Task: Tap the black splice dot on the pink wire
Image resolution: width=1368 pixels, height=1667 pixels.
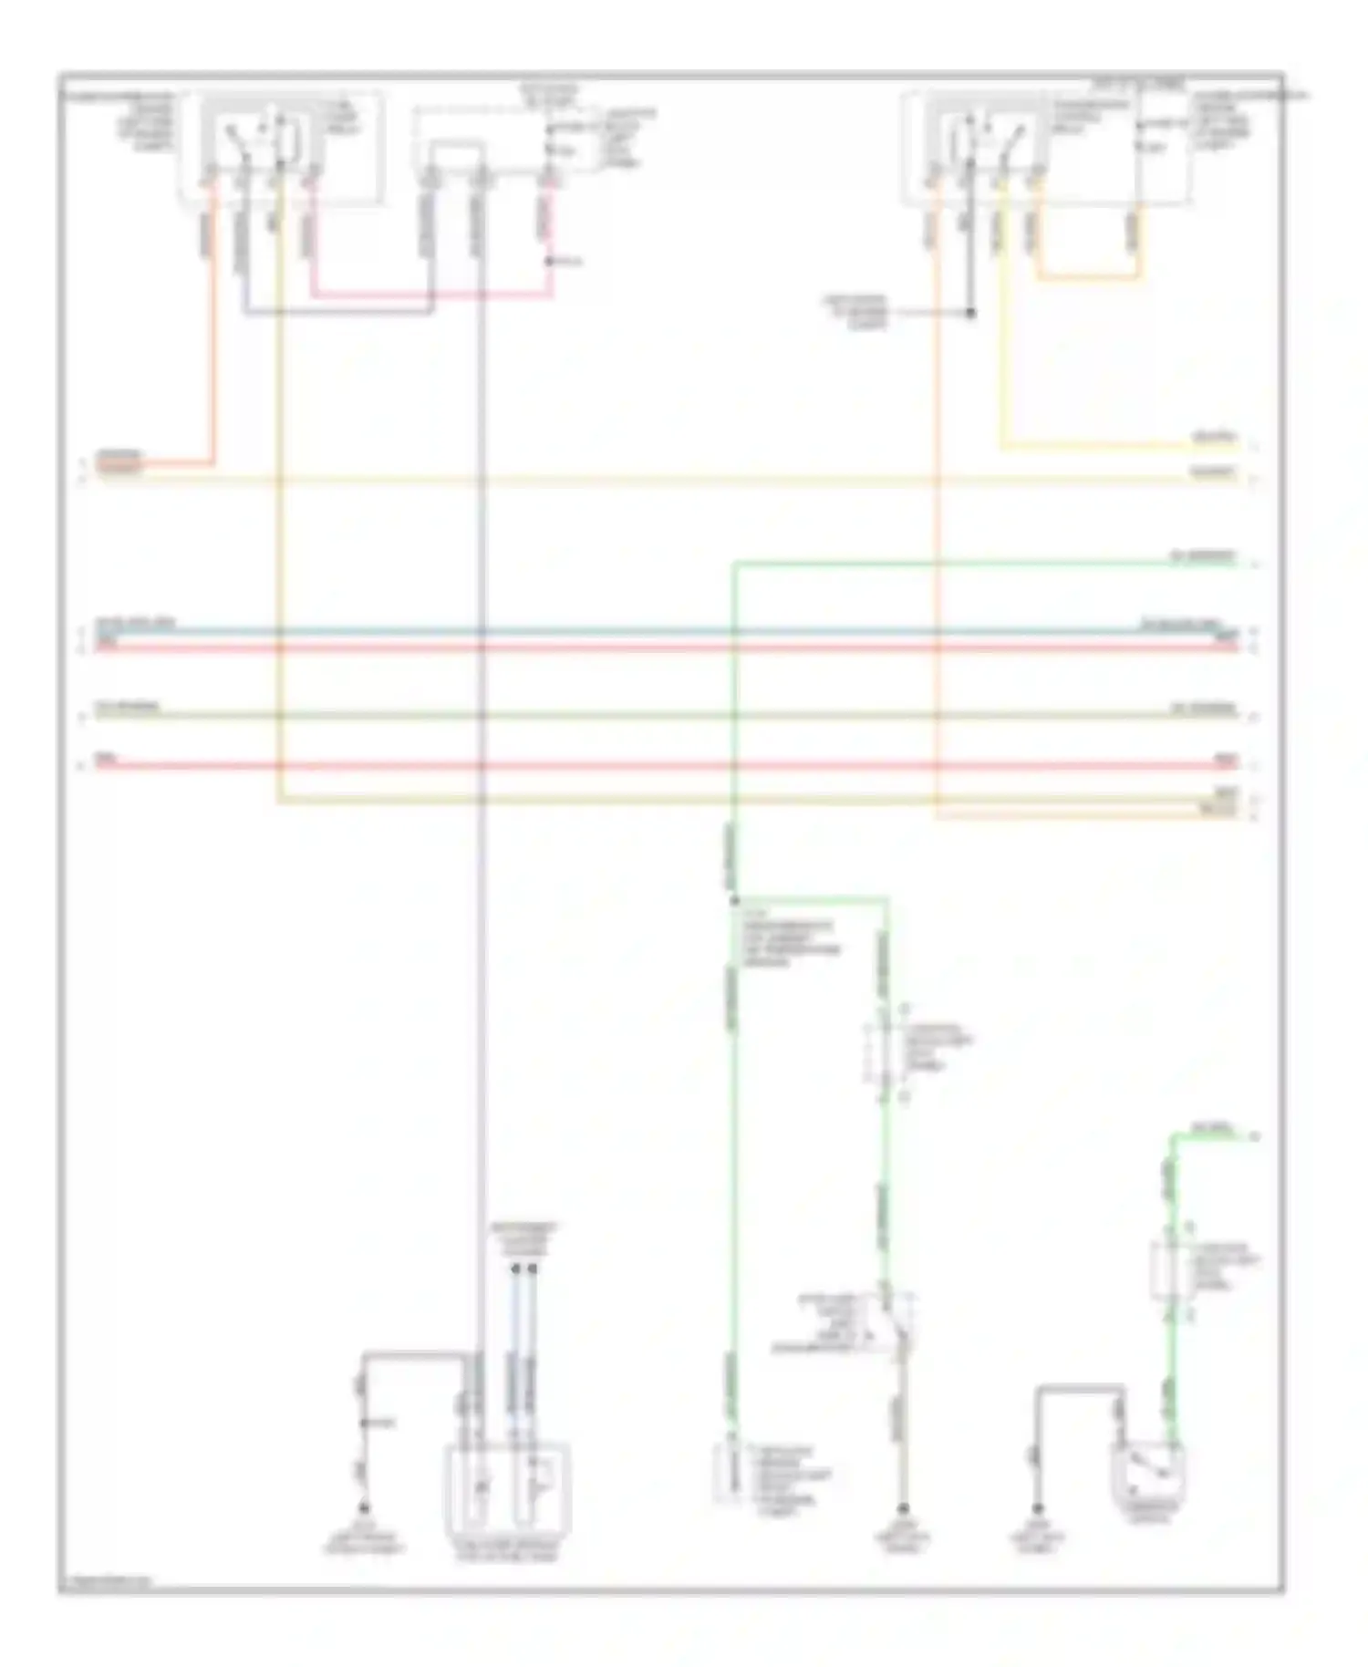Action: pyautogui.click(x=549, y=263)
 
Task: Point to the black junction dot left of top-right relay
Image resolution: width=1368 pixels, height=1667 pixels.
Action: pyautogui.click(x=970, y=313)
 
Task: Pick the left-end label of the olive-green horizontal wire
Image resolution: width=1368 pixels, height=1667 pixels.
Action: pyautogui.click(x=128, y=708)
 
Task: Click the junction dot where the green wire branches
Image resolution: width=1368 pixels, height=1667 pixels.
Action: pyautogui.click(x=734, y=901)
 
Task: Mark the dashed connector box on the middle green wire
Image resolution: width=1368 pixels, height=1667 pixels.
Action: pyautogui.click(x=881, y=1054)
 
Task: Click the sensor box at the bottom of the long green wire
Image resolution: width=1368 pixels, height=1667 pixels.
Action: pyautogui.click(x=727, y=1475)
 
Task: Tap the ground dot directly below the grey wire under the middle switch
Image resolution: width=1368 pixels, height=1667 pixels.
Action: pyautogui.click(x=902, y=1509)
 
